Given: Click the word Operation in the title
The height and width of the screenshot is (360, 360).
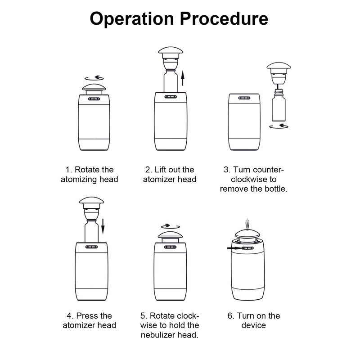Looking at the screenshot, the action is click(x=132, y=19).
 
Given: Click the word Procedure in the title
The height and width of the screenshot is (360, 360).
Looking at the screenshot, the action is click(x=224, y=18).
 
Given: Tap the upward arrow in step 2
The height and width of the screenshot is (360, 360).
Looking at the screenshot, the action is click(x=183, y=78).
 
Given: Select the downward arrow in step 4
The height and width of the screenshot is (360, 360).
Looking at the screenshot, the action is click(x=103, y=226).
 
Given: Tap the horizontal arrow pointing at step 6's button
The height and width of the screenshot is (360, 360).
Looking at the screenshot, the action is click(x=234, y=248).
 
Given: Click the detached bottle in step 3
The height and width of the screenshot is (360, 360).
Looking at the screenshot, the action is click(x=279, y=105).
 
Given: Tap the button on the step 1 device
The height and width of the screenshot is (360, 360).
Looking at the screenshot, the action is click(x=94, y=99).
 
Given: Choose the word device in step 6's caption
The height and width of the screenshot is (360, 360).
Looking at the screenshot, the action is click(x=254, y=325).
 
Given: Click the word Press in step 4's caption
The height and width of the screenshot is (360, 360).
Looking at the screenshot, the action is click(x=87, y=316).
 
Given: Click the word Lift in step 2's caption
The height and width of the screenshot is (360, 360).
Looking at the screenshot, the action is click(x=160, y=170).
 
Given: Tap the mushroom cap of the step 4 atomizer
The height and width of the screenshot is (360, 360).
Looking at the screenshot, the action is click(x=91, y=200).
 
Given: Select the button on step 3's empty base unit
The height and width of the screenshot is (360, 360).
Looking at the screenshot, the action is click(x=244, y=98).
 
